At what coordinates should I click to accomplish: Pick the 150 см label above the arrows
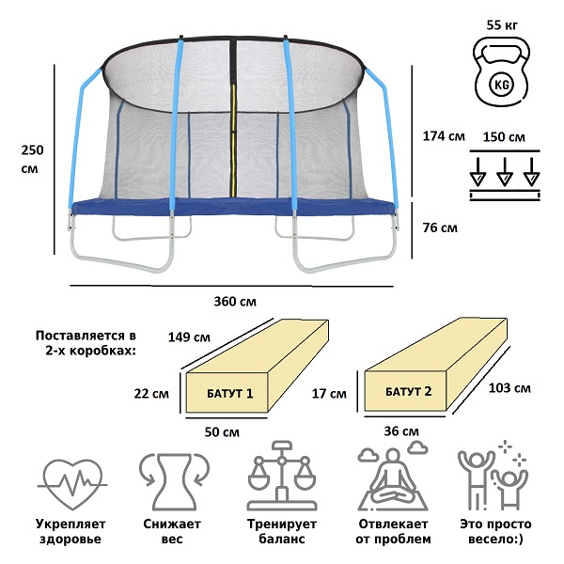[x=504, y=136]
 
